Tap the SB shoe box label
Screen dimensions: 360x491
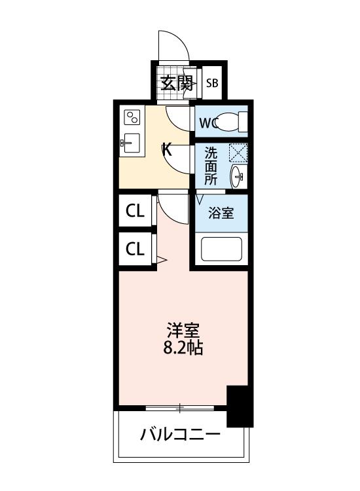click(x=212, y=83)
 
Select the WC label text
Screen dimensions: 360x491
click(x=208, y=123)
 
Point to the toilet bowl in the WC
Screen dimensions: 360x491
click(x=226, y=122)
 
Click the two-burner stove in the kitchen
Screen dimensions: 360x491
click(x=132, y=117)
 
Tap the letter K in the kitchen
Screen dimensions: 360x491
click(x=167, y=150)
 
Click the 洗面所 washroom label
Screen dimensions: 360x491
click(x=210, y=166)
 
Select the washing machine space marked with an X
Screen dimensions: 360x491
click(x=238, y=153)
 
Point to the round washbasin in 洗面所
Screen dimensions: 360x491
click(x=236, y=176)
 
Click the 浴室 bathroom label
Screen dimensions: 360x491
click(x=221, y=213)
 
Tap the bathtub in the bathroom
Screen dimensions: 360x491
click(x=221, y=249)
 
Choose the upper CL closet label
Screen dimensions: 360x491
click(x=135, y=211)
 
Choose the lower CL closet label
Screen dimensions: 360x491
click(x=135, y=249)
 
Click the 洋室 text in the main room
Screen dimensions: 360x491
click(x=183, y=331)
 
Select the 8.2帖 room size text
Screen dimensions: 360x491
click(x=183, y=347)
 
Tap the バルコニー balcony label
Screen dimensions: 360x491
click(x=180, y=434)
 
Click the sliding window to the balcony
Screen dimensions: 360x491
click(x=180, y=408)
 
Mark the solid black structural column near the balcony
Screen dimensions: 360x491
click(x=240, y=406)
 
